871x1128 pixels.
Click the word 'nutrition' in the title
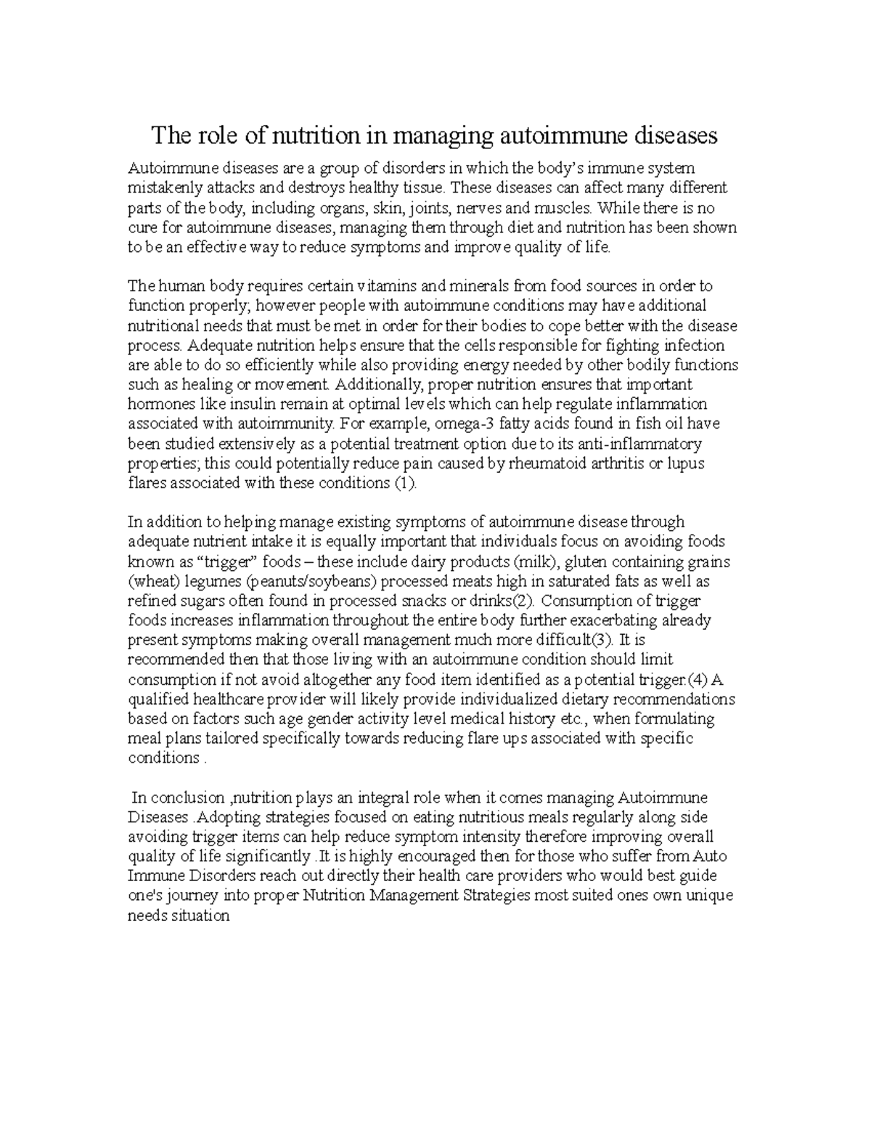[x=315, y=136]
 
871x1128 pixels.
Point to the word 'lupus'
[x=686, y=463]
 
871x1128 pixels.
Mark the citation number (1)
[x=404, y=483]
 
